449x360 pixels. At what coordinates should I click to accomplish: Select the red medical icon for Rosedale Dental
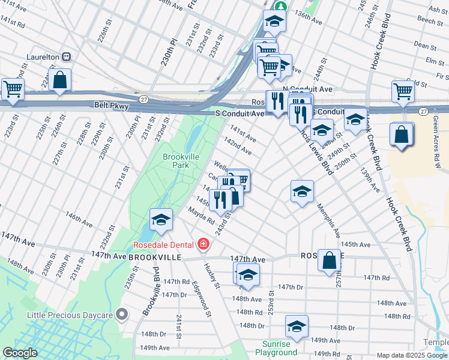pyautogui.click(x=203, y=244)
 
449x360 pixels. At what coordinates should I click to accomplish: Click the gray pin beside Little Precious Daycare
pyautogui.click(x=122, y=314)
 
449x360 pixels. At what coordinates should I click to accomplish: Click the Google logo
pyautogui.click(x=20, y=353)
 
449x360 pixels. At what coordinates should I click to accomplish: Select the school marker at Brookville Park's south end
pyautogui.click(x=161, y=220)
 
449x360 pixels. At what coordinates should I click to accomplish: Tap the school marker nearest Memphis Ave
pyautogui.click(x=302, y=191)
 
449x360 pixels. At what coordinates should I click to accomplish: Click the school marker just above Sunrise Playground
pyautogui.click(x=297, y=326)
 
